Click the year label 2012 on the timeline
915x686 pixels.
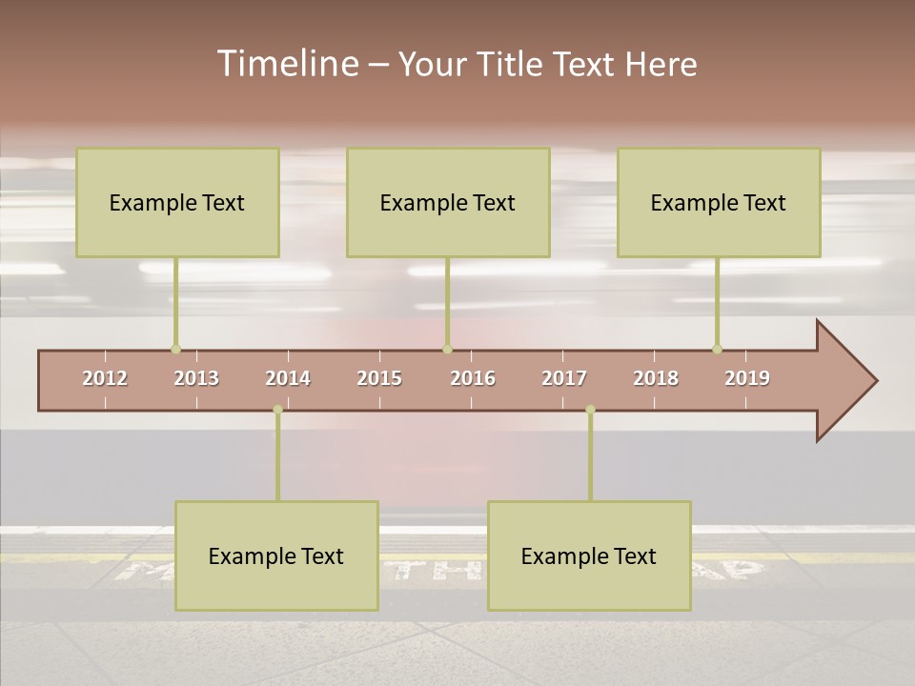tap(105, 378)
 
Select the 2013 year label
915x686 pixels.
tap(196, 378)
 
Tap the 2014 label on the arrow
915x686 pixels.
tap(288, 378)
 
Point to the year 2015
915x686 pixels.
tap(379, 378)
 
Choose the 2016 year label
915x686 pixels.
tap(473, 378)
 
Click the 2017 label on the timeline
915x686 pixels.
tap(564, 378)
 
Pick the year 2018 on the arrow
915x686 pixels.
tap(656, 378)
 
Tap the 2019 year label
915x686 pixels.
tap(747, 378)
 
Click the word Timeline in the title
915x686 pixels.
tap(287, 64)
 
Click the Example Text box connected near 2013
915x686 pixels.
tap(177, 202)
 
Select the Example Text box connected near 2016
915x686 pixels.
tap(448, 202)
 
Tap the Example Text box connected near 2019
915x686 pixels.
tap(719, 202)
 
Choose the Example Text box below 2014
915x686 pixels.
tap(276, 555)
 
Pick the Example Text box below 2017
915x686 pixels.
tap(589, 555)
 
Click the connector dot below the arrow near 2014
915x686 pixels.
tap(277, 410)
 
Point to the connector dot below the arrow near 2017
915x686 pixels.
tap(590, 410)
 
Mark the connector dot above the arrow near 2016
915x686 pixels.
tap(447, 349)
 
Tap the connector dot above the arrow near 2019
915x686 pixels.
tap(717, 349)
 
